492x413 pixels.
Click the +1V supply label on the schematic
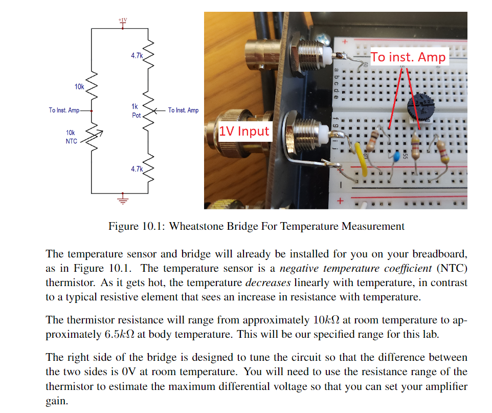click(122, 20)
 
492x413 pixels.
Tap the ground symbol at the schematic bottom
click(122, 199)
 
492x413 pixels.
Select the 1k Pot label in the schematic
click(135, 111)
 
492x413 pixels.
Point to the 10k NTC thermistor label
click(71, 137)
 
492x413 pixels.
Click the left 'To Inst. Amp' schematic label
click(64, 110)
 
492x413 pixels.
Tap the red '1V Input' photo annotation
click(244, 131)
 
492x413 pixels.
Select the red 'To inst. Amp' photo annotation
click(408, 57)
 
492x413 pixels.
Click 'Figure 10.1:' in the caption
click(137, 226)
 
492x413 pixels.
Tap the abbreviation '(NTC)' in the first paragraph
click(454, 268)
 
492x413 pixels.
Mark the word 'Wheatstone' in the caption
click(193, 226)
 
